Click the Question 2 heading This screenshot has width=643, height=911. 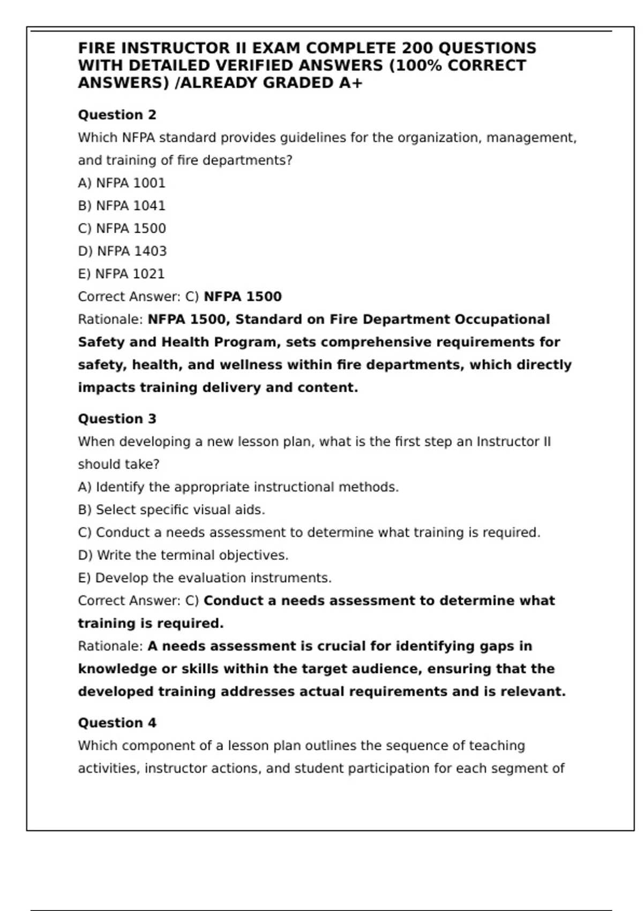click(x=117, y=115)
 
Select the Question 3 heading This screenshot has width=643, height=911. click(x=117, y=419)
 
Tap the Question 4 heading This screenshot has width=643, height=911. click(x=117, y=723)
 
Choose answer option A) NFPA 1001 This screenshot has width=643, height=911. click(x=122, y=183)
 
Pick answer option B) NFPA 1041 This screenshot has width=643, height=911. click(x=122, y=206)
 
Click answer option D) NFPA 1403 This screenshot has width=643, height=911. click(x=122, y=251)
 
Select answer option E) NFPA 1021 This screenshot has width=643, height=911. click(x=121, y=274)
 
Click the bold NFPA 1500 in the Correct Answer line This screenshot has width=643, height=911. click(x=243, y=297)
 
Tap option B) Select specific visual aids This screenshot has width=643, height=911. click(x=171, y=510)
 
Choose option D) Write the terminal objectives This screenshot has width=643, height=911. click(x=183, y=556)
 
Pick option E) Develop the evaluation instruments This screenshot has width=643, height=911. click(x=205, y=578)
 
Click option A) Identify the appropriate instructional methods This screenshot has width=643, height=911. click(x=238, y=487)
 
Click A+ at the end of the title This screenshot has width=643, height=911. click(x=351, y=83)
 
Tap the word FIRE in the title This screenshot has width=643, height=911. click(x=98, y=48)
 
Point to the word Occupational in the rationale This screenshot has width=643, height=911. click(x=502, y=319)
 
